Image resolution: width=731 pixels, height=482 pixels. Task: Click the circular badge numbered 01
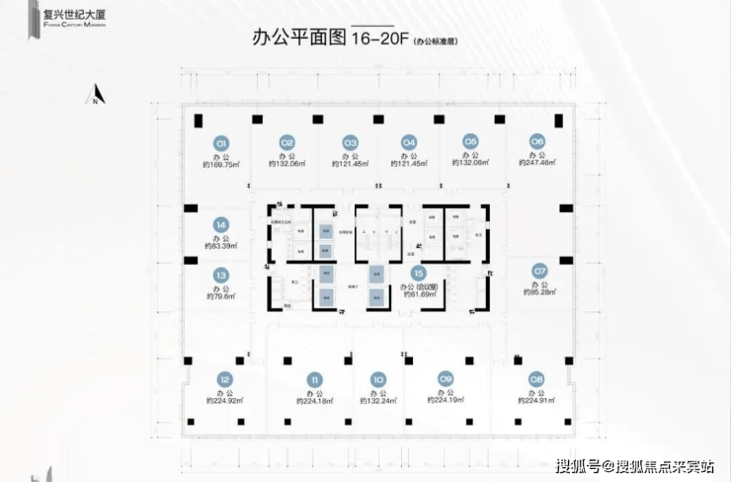(x=222, y=142)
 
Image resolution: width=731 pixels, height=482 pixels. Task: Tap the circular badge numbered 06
(x=537, y=141)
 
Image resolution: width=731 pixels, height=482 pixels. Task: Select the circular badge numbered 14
(x=221, y=224)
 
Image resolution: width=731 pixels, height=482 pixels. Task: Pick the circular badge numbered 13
(x=221, y=276)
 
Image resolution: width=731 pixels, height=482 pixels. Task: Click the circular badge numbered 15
(x=419, y=274)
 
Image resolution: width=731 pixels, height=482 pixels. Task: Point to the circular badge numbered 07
(x=539, y=270)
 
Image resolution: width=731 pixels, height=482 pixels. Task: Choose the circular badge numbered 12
(x=225, y=379)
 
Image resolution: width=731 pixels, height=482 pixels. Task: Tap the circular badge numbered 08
(x=536, y=378)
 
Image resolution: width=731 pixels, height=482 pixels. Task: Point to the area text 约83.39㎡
(x=221, y=247)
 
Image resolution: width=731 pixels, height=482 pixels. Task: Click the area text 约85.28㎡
(x=539, y=294)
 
